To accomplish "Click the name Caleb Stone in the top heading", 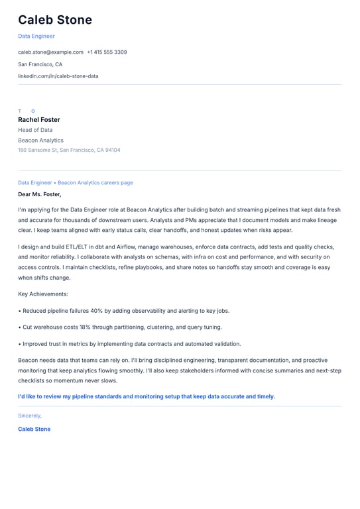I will click(x=55, y=20).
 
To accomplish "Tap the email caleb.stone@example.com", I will click(x=50, y=52).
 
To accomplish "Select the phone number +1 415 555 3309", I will click(x=107, y=52).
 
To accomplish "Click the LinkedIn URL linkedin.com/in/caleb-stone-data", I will click(x=58, y=76).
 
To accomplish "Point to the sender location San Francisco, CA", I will click(x=40, y=64).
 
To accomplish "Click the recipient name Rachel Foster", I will click(x=39, y=120).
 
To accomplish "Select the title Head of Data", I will click(x=35, y=130).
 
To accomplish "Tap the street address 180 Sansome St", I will click(x=38, y=150).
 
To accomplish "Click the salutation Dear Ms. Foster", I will click(x=39, y=194).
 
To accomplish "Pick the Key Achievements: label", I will click(x=43, y=294).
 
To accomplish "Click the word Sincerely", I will click(x=30, y=416).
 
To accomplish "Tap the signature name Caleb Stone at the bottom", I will click(x=34, y=429).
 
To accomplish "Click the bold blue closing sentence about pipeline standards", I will click(x=146, y=396).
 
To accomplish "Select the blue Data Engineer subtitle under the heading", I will click(x=36, y=36).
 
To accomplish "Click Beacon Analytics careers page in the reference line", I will click(x=95, y=182).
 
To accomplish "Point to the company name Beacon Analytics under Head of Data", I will click(x=40, y=141).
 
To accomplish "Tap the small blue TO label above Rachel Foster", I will click(x=27, y=111).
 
